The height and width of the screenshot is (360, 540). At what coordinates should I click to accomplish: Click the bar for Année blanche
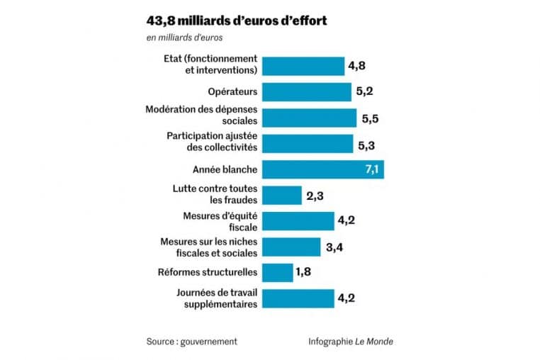coord(323,169)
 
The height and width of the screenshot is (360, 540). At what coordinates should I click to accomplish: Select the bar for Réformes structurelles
coord(278,272)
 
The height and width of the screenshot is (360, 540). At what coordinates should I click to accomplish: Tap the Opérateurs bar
coord(307,92)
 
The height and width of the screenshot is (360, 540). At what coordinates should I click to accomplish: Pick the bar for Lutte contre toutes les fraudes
coord(282,195)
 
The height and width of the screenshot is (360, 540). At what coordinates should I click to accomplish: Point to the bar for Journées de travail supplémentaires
coord(298,298)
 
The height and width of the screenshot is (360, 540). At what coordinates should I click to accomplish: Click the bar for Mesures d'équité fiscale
coord(298,220)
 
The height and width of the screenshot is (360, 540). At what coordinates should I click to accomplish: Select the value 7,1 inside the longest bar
coord(373,169)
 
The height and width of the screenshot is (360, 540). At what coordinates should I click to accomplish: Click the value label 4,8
coord(356,66)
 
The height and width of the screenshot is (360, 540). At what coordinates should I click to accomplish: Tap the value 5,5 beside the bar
coord(370,118)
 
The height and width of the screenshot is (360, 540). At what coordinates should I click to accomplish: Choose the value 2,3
coord(315,195)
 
